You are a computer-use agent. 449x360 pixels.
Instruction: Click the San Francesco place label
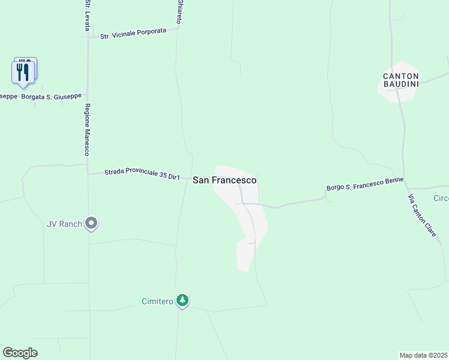[x=224, y=180]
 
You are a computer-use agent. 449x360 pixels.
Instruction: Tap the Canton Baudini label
[x=400, y=80]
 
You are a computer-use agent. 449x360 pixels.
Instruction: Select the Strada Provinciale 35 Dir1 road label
[x=142, y=174]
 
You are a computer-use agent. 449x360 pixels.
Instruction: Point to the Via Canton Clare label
[x=422, y=215]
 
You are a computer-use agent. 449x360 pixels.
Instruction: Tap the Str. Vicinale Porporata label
[x=133, y=34]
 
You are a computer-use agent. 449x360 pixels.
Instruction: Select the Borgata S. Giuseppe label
[x=50, y=96]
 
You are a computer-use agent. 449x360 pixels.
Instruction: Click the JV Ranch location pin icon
[x=91, y=224]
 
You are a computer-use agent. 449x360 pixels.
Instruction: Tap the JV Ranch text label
[x=64, y=224]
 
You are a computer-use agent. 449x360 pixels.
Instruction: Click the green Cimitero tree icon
[x=182, y=301]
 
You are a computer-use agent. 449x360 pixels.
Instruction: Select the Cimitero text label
[x=157, y=301]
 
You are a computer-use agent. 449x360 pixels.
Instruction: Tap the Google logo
[x=20, y=352]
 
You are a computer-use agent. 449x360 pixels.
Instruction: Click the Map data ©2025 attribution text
[x=423, y=355]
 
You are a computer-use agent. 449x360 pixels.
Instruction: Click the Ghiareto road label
[x=179, y=11]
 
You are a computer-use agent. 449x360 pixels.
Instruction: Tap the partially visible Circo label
[x=441, y=198]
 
